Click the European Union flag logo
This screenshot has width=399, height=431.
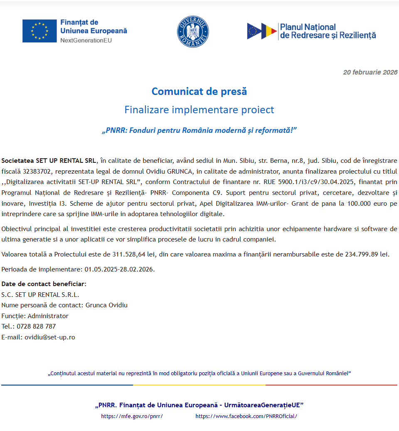point(39,31)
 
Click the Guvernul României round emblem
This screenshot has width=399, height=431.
point(193,32)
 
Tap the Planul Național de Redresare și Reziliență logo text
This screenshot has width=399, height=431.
point(328,31)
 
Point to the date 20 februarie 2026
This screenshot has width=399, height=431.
point(370,72)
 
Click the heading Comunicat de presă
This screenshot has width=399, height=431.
point(199,91)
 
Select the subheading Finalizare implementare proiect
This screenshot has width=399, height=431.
point(199,110)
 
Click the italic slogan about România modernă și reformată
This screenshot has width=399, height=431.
point(199,130)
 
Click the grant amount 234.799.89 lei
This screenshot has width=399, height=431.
point(367,254)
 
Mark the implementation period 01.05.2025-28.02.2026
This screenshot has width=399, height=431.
point(119,269)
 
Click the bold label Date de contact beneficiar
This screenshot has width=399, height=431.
point(44,284)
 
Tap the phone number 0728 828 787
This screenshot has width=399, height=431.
point(36,326)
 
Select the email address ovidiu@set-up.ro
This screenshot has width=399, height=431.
point(50,337)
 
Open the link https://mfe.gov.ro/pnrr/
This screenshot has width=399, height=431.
point(132,416)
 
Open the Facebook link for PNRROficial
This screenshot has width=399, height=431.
point(246,416)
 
